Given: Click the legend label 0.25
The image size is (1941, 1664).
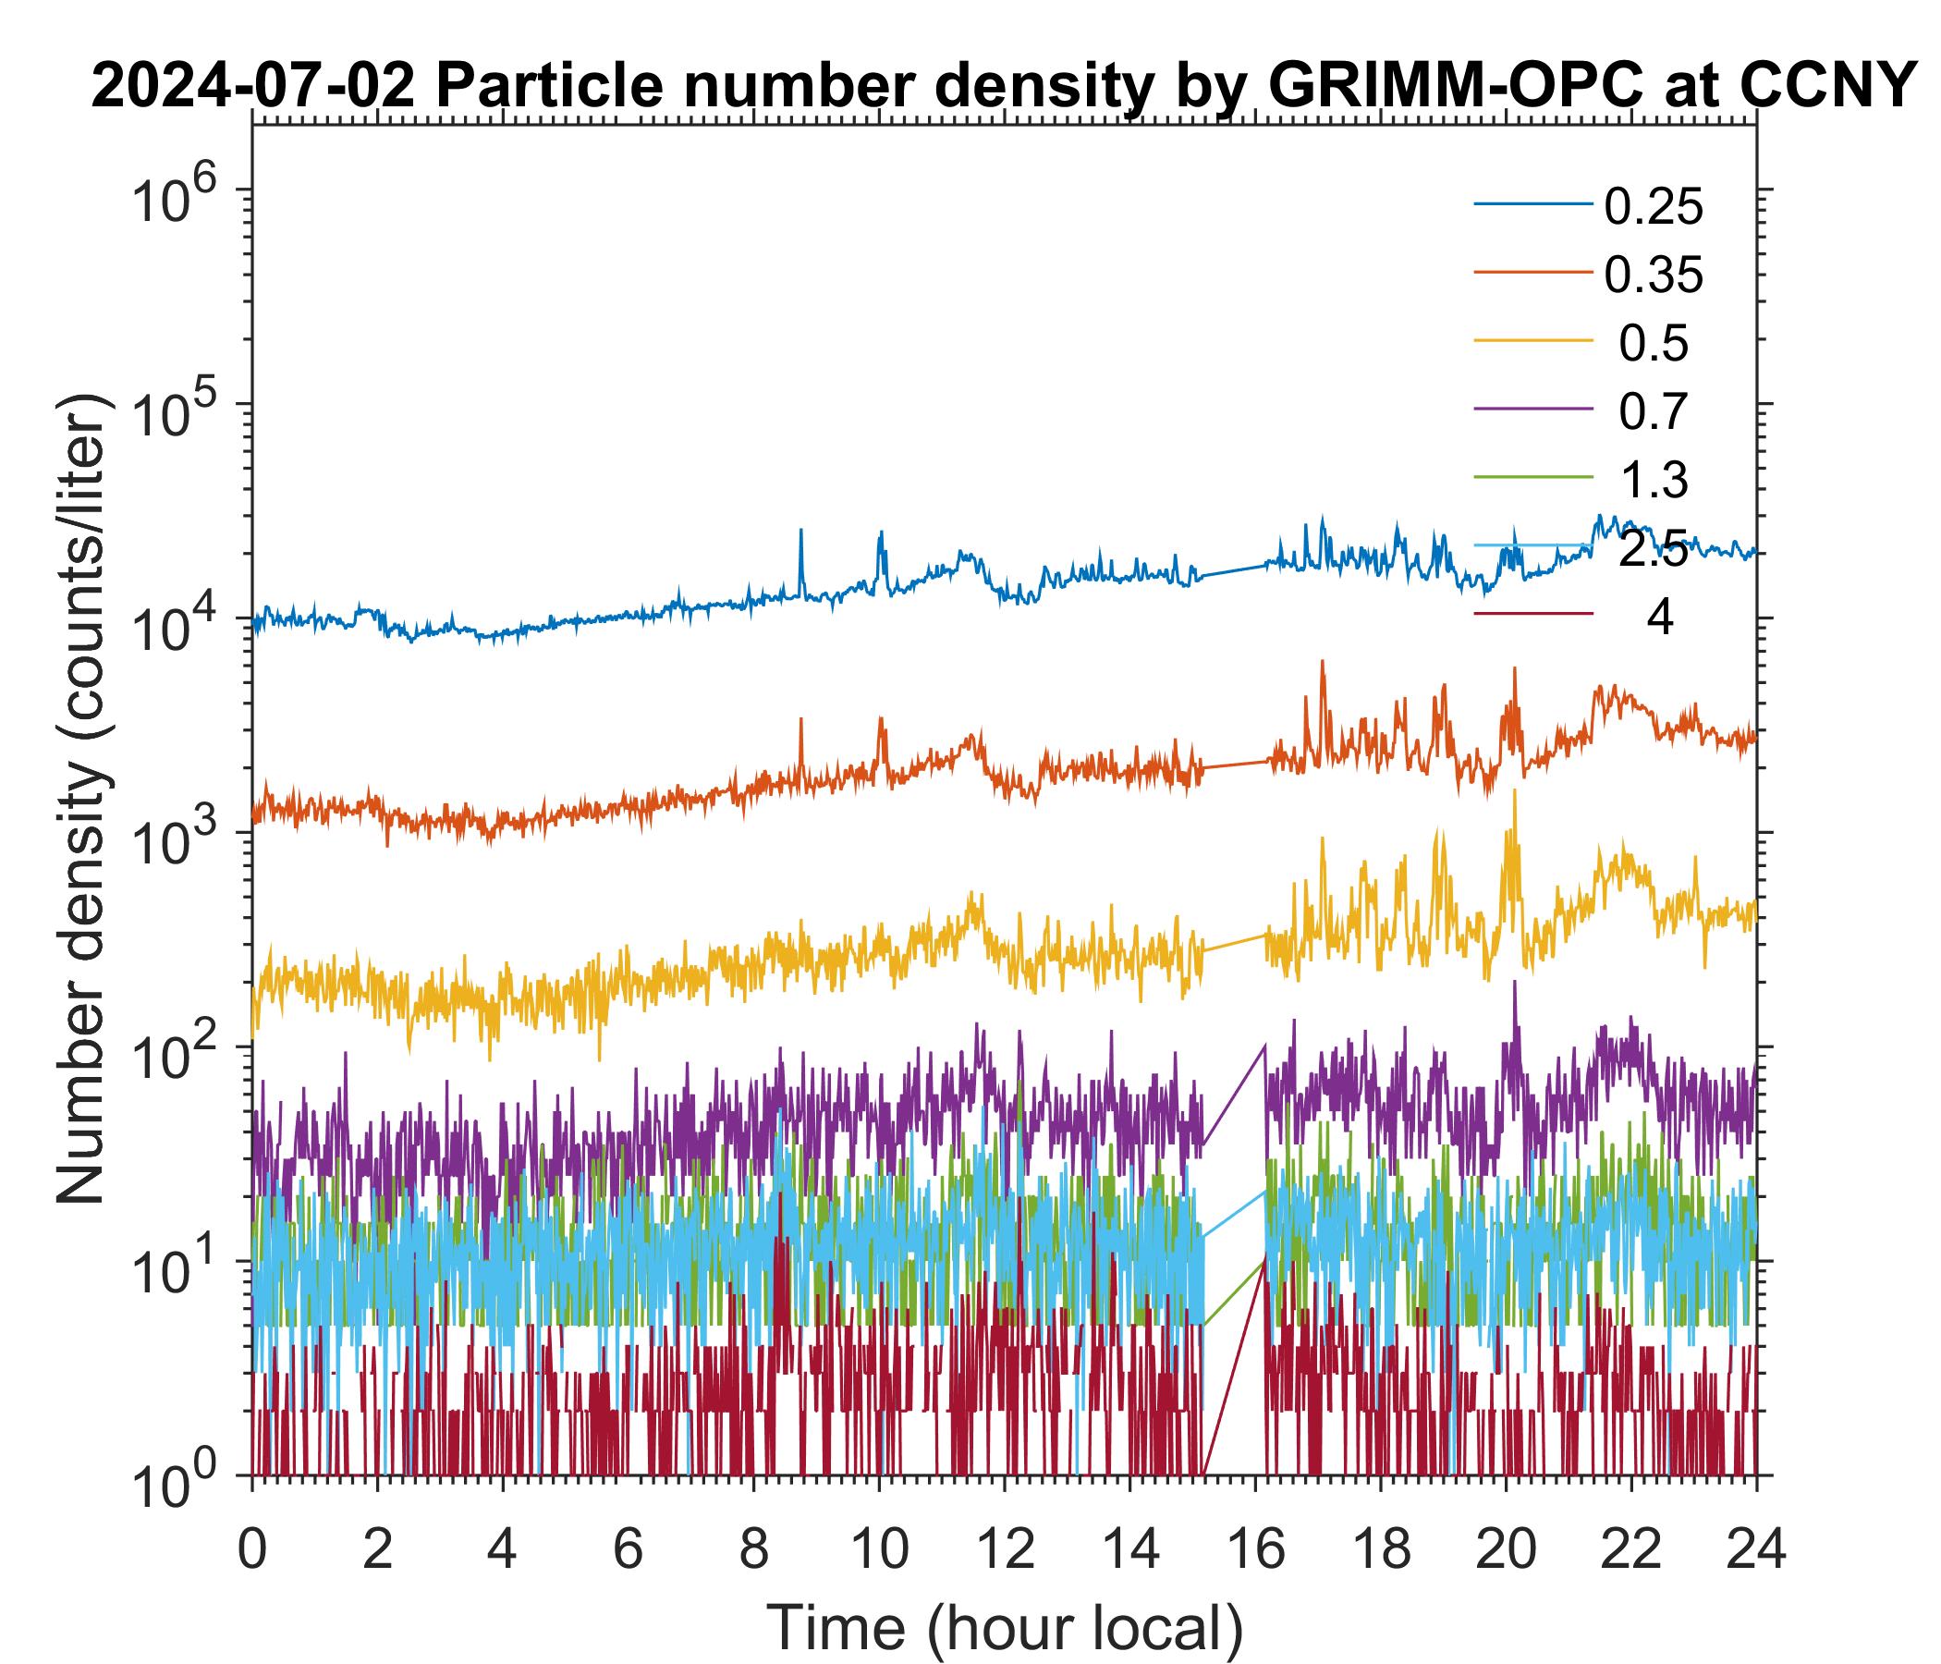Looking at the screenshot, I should (x=1653, y=208).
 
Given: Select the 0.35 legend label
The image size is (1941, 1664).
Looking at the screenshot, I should (x=1653, y=276).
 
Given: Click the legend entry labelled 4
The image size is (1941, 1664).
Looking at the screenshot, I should (x=1659, y=619).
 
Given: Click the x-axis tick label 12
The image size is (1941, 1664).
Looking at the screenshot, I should (x=1003, y=1551).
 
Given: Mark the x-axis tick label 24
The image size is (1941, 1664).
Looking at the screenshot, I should (x=1754, y=1551).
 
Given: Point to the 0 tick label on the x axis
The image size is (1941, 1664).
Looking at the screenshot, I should (x=252, y=1551).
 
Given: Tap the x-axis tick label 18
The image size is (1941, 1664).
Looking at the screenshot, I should (x=1379, y=1551).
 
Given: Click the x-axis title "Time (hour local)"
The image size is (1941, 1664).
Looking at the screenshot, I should (x=1004, y=1627).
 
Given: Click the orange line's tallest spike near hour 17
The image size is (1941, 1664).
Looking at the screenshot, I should (x=1322, y=663).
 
